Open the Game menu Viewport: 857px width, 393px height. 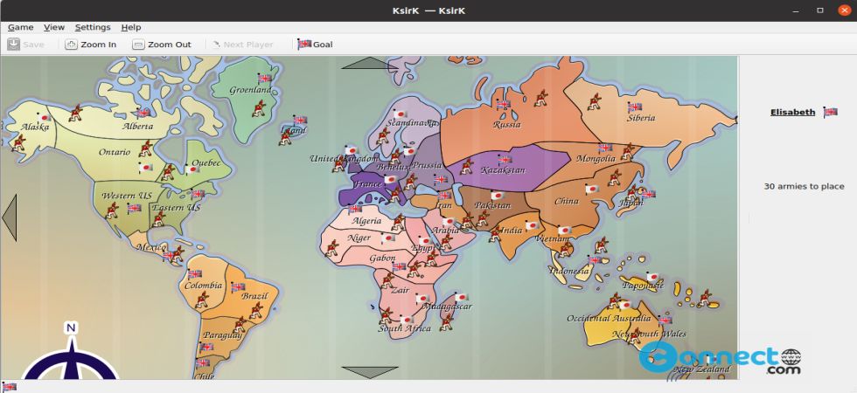(x=20, y=27)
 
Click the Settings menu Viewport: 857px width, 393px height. (x=93, y=27)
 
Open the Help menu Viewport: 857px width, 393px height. (x=131, y=27)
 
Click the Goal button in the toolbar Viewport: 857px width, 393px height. (x=315, y=45)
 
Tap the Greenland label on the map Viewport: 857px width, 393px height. (x=250, y=90)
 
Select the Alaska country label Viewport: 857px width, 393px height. (x=35, y=127)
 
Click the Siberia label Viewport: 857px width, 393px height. (x=641, y=118)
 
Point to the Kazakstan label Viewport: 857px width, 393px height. (x=503, y=170)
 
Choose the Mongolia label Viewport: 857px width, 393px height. (x=596, y=159)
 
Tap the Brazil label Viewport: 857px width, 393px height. (x=254, y=296)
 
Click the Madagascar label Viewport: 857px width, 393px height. (x=447, y=307)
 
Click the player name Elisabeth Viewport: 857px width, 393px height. (x=792, y=112)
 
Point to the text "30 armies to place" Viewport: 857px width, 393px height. (x=804, y=186)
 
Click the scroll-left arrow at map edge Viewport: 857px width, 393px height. (x=10, y=217)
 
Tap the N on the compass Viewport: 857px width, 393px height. (x=72, y=328)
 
